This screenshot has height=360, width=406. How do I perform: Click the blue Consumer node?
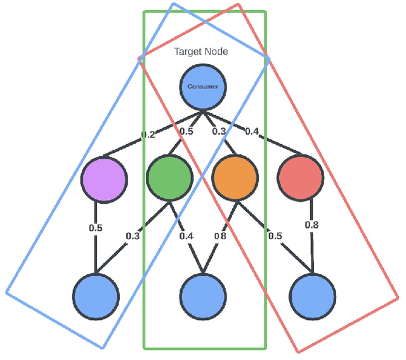204,86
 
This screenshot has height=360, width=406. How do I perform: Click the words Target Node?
201,51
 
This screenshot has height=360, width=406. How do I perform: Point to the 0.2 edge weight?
148,134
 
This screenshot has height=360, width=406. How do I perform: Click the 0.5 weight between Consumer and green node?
186,131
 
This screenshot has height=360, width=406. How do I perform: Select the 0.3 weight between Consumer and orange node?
219,131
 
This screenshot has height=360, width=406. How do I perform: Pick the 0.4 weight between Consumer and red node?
251,131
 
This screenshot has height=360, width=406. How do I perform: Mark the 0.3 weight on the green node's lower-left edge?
133,236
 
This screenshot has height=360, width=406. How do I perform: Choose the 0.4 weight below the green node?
186,236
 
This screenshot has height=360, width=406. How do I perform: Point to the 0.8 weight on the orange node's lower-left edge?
220,236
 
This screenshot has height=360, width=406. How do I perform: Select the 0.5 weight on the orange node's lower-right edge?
275,236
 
